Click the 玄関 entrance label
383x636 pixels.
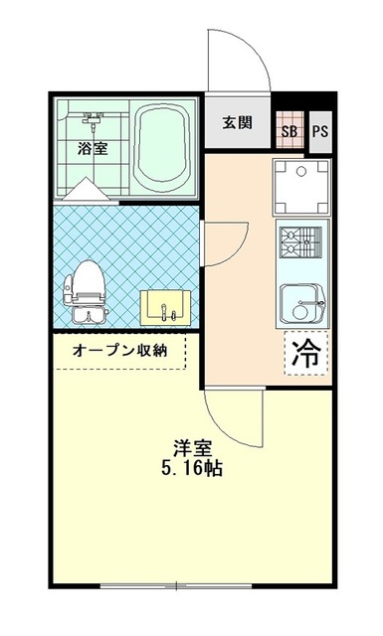[x=237, y=122]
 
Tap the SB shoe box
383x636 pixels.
[x=289, y=130]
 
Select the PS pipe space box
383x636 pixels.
[x=320, y=132]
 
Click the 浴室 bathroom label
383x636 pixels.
[x=93, y=148]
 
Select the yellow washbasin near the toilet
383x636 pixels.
[x=165, y=307]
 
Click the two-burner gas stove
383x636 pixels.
[x=300, y=241]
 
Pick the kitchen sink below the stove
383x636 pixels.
[x=302, y=304]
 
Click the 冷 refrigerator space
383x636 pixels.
[x=306, y=353]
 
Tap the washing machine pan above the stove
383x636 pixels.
[x=301, y=186]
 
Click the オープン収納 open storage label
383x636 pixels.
[x=119, y=351]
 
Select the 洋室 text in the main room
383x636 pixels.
[x=193, y=448]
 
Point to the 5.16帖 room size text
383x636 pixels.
[x=192, y=468]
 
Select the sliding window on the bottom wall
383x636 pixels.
[x=176, y=585]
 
